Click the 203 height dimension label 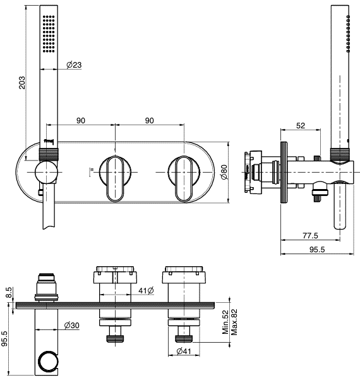22,82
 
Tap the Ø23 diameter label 74,64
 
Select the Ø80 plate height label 224,172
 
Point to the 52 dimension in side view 301,126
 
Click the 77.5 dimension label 310,235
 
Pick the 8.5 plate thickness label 8,293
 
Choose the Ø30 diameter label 72,326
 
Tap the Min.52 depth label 225,322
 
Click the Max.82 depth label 234,322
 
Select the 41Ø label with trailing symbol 147,290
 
